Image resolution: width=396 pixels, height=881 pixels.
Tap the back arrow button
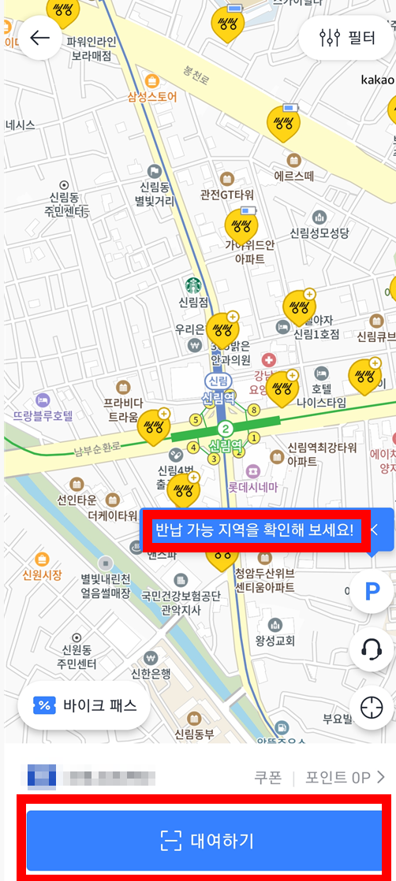(x=40, y=38)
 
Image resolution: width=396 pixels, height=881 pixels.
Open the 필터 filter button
(x=347, y=38)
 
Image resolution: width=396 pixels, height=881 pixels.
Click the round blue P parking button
(x=372, y=593)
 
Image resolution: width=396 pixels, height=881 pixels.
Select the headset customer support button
(x=372, y=649)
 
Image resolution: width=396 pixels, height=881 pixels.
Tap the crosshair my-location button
(x=372, y=708)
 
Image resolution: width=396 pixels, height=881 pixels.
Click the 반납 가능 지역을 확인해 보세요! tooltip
(x=254, y=530)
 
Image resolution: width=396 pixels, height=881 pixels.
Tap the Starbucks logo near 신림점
(x=193, y=284)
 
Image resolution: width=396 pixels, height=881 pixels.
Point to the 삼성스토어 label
(x=152, y=97)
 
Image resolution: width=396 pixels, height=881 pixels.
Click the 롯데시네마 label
(x=254, y=487)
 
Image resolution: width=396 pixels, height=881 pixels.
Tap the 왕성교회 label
(x=275, y=639)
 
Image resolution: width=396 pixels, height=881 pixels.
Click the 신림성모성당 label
(x=319, y=232)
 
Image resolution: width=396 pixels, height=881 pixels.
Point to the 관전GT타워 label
(x=226, y=194)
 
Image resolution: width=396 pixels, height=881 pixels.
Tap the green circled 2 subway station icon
(x=226, y=429)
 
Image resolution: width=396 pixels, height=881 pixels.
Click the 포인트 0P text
(x=338, y=778)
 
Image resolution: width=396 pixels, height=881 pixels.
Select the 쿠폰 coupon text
(x=267, y=778)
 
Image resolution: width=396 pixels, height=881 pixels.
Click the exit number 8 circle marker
(x=254, y=410)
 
